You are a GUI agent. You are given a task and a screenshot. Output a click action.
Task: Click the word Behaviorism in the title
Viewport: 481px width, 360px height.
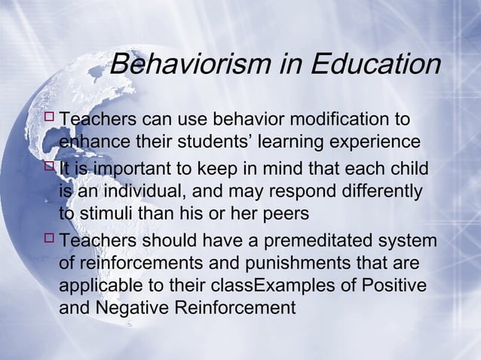click(x=182, y=66)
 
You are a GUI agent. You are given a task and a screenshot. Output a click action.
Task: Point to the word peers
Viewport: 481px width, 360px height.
click(x=286, y=214)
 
